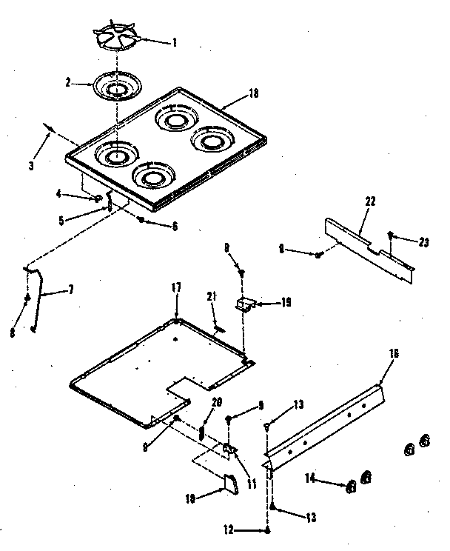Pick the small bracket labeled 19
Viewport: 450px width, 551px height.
click(x=245, y=303)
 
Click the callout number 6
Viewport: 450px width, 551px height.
click(x=175, y=226)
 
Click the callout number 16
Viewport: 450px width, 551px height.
click(x=394, y=354)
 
